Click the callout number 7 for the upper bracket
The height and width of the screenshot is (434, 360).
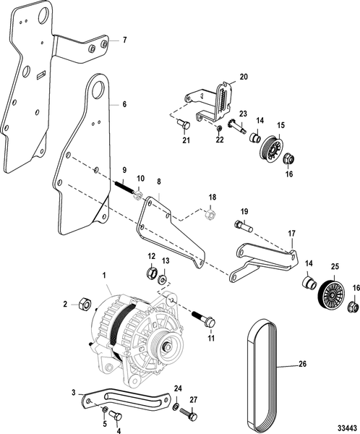pyautogui.click(x=124, y=39)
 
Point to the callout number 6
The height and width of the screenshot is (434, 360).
pyautogui.click(x=124, y=104)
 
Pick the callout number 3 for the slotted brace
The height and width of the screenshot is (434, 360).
pyautogui.click(x=73, y=392)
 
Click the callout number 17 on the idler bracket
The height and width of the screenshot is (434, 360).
pyautogui.click(x=291, y=234)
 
